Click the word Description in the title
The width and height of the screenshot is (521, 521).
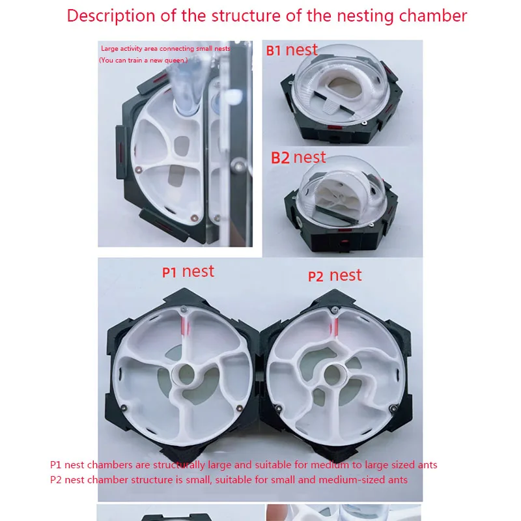click(111, 16)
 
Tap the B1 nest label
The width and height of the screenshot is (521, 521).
click(292, 50)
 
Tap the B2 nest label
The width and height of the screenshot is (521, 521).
click(298, 158)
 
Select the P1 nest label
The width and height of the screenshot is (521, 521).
click(188, 272)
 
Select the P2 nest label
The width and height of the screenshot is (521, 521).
click(335, 275)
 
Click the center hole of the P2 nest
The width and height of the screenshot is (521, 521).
click(333, 375)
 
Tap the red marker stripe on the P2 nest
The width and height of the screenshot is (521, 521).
click(334, 326)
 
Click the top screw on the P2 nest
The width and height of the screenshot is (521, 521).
click(335, 310)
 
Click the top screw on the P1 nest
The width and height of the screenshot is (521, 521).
click(183, 309)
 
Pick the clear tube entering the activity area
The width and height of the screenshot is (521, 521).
click(186, 87)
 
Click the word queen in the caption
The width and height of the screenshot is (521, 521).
click(174, 61)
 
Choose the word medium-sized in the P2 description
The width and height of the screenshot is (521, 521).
click(363, 480)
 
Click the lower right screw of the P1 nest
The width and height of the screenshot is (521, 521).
click(239, 408)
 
